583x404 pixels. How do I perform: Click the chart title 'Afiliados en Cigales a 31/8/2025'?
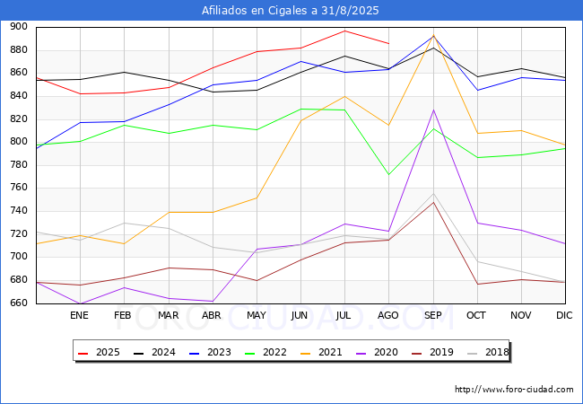click(290, 11)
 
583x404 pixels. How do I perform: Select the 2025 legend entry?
click(99, 352)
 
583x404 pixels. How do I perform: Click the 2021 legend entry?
click(321, 352)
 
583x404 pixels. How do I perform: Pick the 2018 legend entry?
click(488, 352)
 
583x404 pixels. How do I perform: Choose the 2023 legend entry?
click(210, 352)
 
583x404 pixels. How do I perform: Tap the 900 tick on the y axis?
click(19, 27)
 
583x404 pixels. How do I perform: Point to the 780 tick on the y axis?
click(19, 165)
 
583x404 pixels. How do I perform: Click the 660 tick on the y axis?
click(19, 303)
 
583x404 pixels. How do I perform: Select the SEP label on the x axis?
click(433, 315)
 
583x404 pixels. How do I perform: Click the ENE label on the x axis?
click(79, 315)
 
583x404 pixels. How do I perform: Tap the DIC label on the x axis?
click(564, 315)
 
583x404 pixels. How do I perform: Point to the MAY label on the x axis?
click(257, 315)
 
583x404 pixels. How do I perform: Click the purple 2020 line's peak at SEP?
click(433, 110)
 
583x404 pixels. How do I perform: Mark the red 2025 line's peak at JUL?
click(345, 31)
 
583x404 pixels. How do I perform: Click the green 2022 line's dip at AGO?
click(389, 174)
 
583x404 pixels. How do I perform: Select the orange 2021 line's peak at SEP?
click(433, 35)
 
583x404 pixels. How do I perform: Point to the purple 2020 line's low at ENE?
click(80, 303)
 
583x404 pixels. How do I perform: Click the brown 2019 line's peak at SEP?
click(433, 202)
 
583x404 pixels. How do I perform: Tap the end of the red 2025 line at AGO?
click(389, 43)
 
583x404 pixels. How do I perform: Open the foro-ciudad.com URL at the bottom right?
click(514, 390)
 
